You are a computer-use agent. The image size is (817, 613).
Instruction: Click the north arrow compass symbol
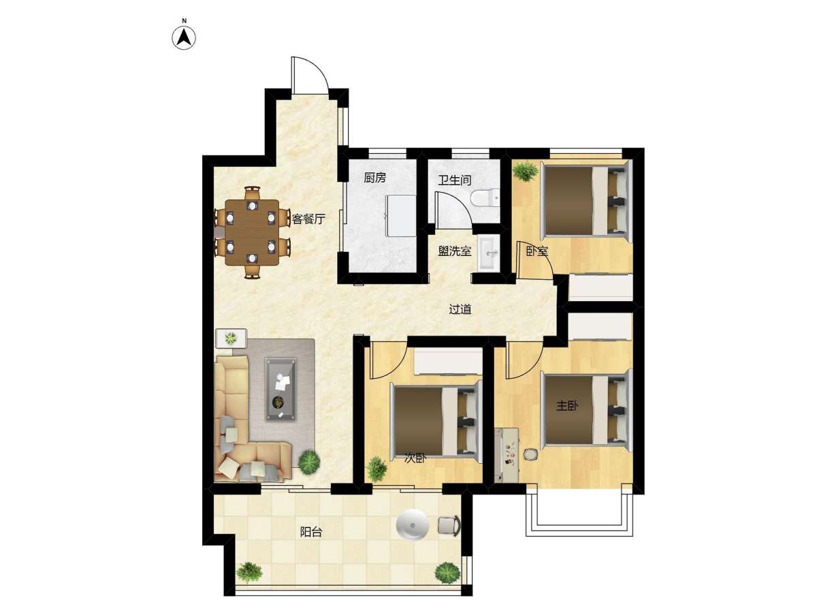(184, 37)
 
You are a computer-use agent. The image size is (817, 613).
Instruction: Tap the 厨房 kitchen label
(374, 178)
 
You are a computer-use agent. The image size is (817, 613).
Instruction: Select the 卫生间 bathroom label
(455, 180)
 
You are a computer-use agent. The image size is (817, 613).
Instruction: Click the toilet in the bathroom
(485, 198)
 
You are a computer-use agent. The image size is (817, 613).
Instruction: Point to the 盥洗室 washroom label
(455, 251)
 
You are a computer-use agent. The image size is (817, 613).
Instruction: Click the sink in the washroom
(488, 253)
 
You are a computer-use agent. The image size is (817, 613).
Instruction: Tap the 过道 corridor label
(460, 309)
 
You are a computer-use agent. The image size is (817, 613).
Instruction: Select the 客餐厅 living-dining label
(308, 219)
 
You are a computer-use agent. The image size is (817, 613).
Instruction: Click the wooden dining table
(252, 232)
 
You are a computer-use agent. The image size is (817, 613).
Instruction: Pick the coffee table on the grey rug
(281, 390)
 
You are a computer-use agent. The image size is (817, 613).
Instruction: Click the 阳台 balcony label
(311, 532)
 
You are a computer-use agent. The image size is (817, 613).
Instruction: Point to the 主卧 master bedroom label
(567, 406)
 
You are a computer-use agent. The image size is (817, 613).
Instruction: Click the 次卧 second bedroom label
(415, 458)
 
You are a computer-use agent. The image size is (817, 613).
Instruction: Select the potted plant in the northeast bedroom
(525, 171)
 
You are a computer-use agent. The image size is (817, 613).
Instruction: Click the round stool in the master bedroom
(530, 454)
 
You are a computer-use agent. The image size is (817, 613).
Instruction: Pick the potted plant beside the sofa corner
(309, 462)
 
